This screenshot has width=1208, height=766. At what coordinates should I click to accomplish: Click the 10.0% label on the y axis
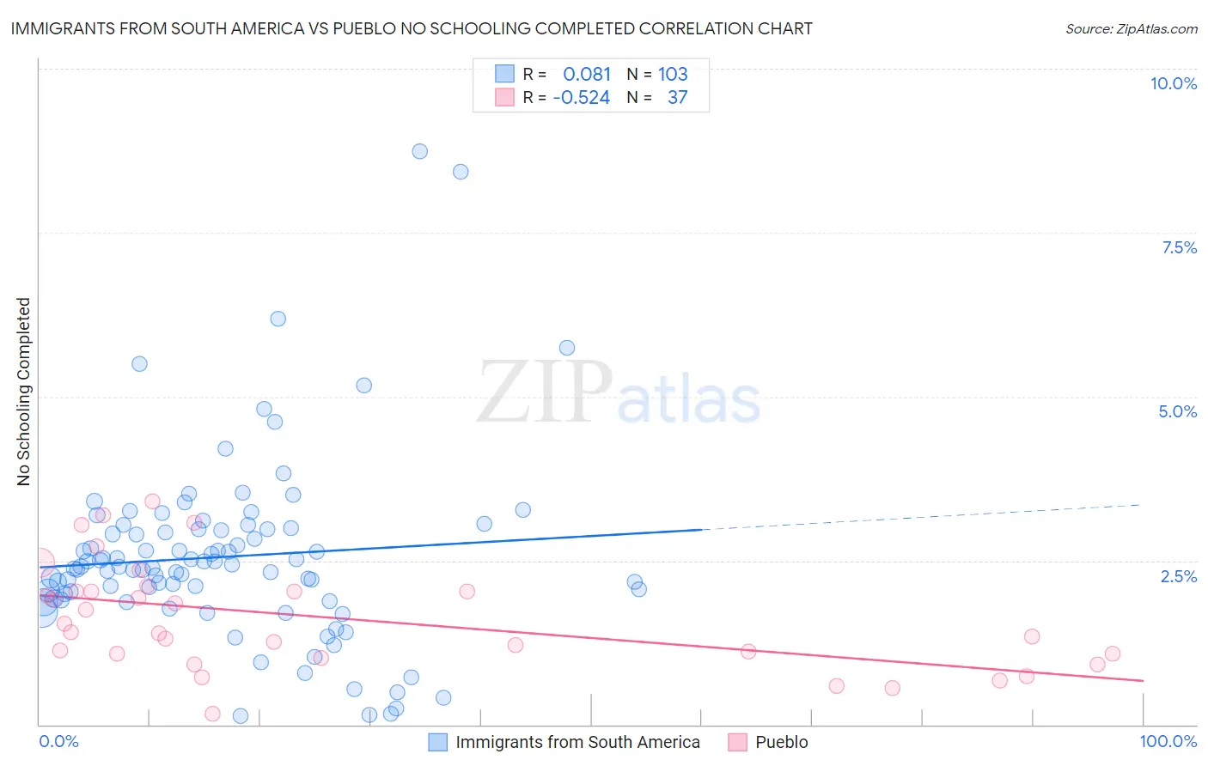click(1173, 83)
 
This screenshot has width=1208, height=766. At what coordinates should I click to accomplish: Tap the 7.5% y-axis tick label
click(1179, 247)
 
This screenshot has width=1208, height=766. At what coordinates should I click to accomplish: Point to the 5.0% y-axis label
click(1177, 411)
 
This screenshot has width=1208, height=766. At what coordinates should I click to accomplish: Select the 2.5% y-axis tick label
click(1178, 576)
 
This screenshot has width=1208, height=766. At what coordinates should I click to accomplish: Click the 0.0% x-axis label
click(58, 741)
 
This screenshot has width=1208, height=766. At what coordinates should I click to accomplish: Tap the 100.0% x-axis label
click(1168, 741)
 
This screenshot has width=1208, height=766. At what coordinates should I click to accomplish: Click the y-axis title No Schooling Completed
click(23, 392)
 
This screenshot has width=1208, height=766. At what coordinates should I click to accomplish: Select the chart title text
click(412, 28)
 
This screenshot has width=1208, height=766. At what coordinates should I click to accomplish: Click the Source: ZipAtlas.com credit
click(1131, 28)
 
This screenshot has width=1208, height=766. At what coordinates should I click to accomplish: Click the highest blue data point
click(419, 151)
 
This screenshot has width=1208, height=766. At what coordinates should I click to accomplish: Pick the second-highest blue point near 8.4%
click(461, 172)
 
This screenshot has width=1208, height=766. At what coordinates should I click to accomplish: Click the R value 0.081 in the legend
click(587, 75)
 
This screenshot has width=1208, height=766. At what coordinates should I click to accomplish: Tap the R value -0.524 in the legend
click(582, 98)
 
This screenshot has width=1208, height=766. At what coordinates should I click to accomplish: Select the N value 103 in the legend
click(673, 75)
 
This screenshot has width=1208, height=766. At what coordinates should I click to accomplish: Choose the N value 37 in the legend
click(677, 98)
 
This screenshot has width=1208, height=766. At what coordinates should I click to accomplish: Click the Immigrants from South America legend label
click(577, 742)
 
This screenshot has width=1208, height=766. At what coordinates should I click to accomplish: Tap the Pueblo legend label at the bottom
click(781, 742)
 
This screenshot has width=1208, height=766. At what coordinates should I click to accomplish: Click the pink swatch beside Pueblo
click(737, 742)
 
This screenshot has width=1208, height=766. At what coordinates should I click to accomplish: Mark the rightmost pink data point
click(1113, 654)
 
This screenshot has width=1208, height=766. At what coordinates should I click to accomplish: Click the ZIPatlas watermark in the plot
click(619, 393)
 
